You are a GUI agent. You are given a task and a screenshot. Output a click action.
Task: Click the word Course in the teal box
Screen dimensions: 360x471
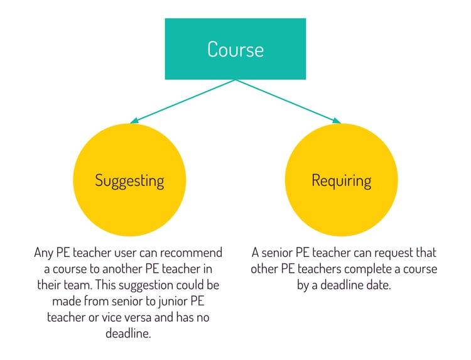(x=235, y=49)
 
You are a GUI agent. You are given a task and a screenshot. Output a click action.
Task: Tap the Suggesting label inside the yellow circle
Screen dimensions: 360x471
(x=129, y=181)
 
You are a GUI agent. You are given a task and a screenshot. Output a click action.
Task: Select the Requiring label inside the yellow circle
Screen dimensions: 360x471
(x=341, y=181)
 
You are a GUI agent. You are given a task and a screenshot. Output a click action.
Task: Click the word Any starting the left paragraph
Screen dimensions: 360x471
(x=43, y=253)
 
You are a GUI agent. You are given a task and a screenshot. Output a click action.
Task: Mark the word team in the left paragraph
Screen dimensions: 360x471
(x=82, y=285)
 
